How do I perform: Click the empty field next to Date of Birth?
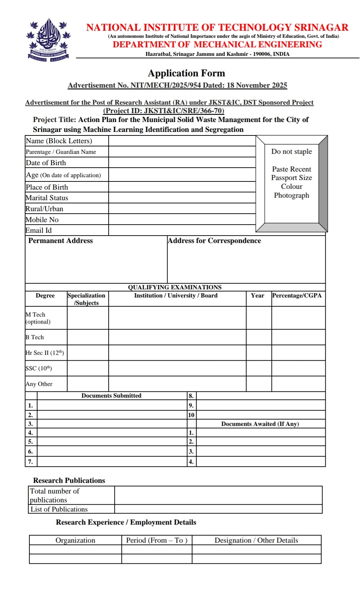182,163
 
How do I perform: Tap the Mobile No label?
42,220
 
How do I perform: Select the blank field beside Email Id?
182,230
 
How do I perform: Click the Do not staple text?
291,152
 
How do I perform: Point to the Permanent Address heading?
60,241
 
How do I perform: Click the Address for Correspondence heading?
214,241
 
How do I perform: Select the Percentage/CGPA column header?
297,296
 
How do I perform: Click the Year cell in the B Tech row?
259,337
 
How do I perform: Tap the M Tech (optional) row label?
38,318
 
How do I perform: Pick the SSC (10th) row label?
39,368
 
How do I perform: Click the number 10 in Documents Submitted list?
191,415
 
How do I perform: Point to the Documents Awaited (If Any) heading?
260,424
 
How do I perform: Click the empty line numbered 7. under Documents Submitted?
112,462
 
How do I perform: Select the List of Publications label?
59,509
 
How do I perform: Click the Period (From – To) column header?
157,540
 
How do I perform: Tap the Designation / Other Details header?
256,540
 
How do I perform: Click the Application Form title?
186,73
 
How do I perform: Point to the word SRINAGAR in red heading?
321,28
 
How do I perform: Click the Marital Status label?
47,198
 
